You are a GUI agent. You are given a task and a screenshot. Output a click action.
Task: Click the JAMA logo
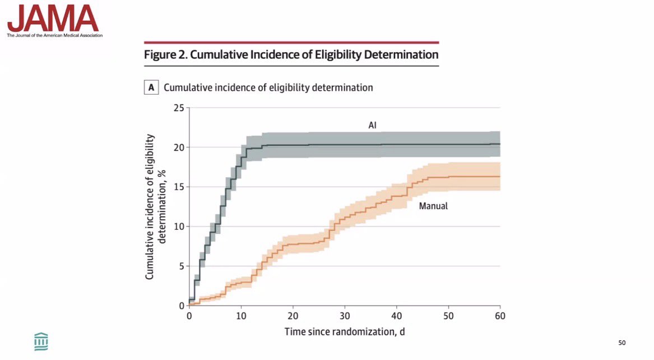coord(53,19)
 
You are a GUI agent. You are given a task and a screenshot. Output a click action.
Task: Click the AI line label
coord(372,126)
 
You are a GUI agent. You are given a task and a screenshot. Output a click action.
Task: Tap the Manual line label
coord(433,206)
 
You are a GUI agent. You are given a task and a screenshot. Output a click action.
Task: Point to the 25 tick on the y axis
coord(178,108)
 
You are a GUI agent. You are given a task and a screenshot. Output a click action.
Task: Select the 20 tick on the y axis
coord(178,147)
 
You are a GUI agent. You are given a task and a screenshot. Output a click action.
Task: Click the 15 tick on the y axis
coord(178,187)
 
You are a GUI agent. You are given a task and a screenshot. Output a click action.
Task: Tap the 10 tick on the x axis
coord(241,316)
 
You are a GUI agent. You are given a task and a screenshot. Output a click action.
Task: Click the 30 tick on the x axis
coord(345,316)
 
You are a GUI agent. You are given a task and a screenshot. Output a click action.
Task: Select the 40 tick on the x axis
coord(397,316)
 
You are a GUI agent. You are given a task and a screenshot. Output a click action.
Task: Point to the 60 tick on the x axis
coord(500,316)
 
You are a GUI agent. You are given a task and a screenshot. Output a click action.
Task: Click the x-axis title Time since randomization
coord(344,331)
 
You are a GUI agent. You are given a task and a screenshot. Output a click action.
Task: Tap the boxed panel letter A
coord(151,87)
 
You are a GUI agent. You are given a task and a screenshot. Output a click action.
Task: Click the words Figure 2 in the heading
coord(163,55)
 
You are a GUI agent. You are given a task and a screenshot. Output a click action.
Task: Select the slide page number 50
coord(621,343)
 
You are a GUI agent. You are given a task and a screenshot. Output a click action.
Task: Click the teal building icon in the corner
coord(41,341)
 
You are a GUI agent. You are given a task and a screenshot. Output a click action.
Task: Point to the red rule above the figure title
coord(291,42)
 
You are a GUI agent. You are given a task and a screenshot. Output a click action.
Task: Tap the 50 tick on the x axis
coord(448,316)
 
